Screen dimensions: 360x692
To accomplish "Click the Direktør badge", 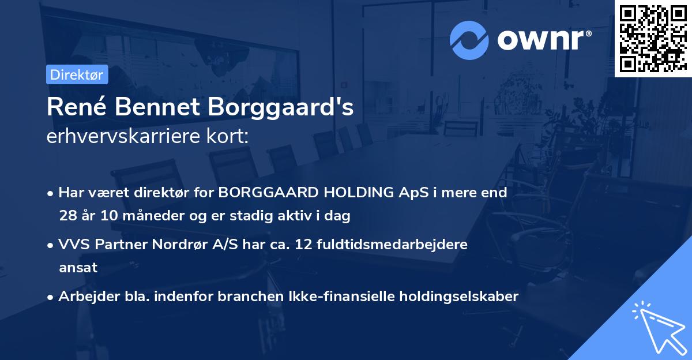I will point(77,74).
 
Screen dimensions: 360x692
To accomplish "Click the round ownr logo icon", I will point(469,40).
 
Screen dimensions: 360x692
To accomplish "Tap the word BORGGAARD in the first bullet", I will point(262,193).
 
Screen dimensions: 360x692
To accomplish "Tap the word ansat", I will point(78,268).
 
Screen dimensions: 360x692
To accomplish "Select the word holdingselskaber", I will point(456,297).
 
